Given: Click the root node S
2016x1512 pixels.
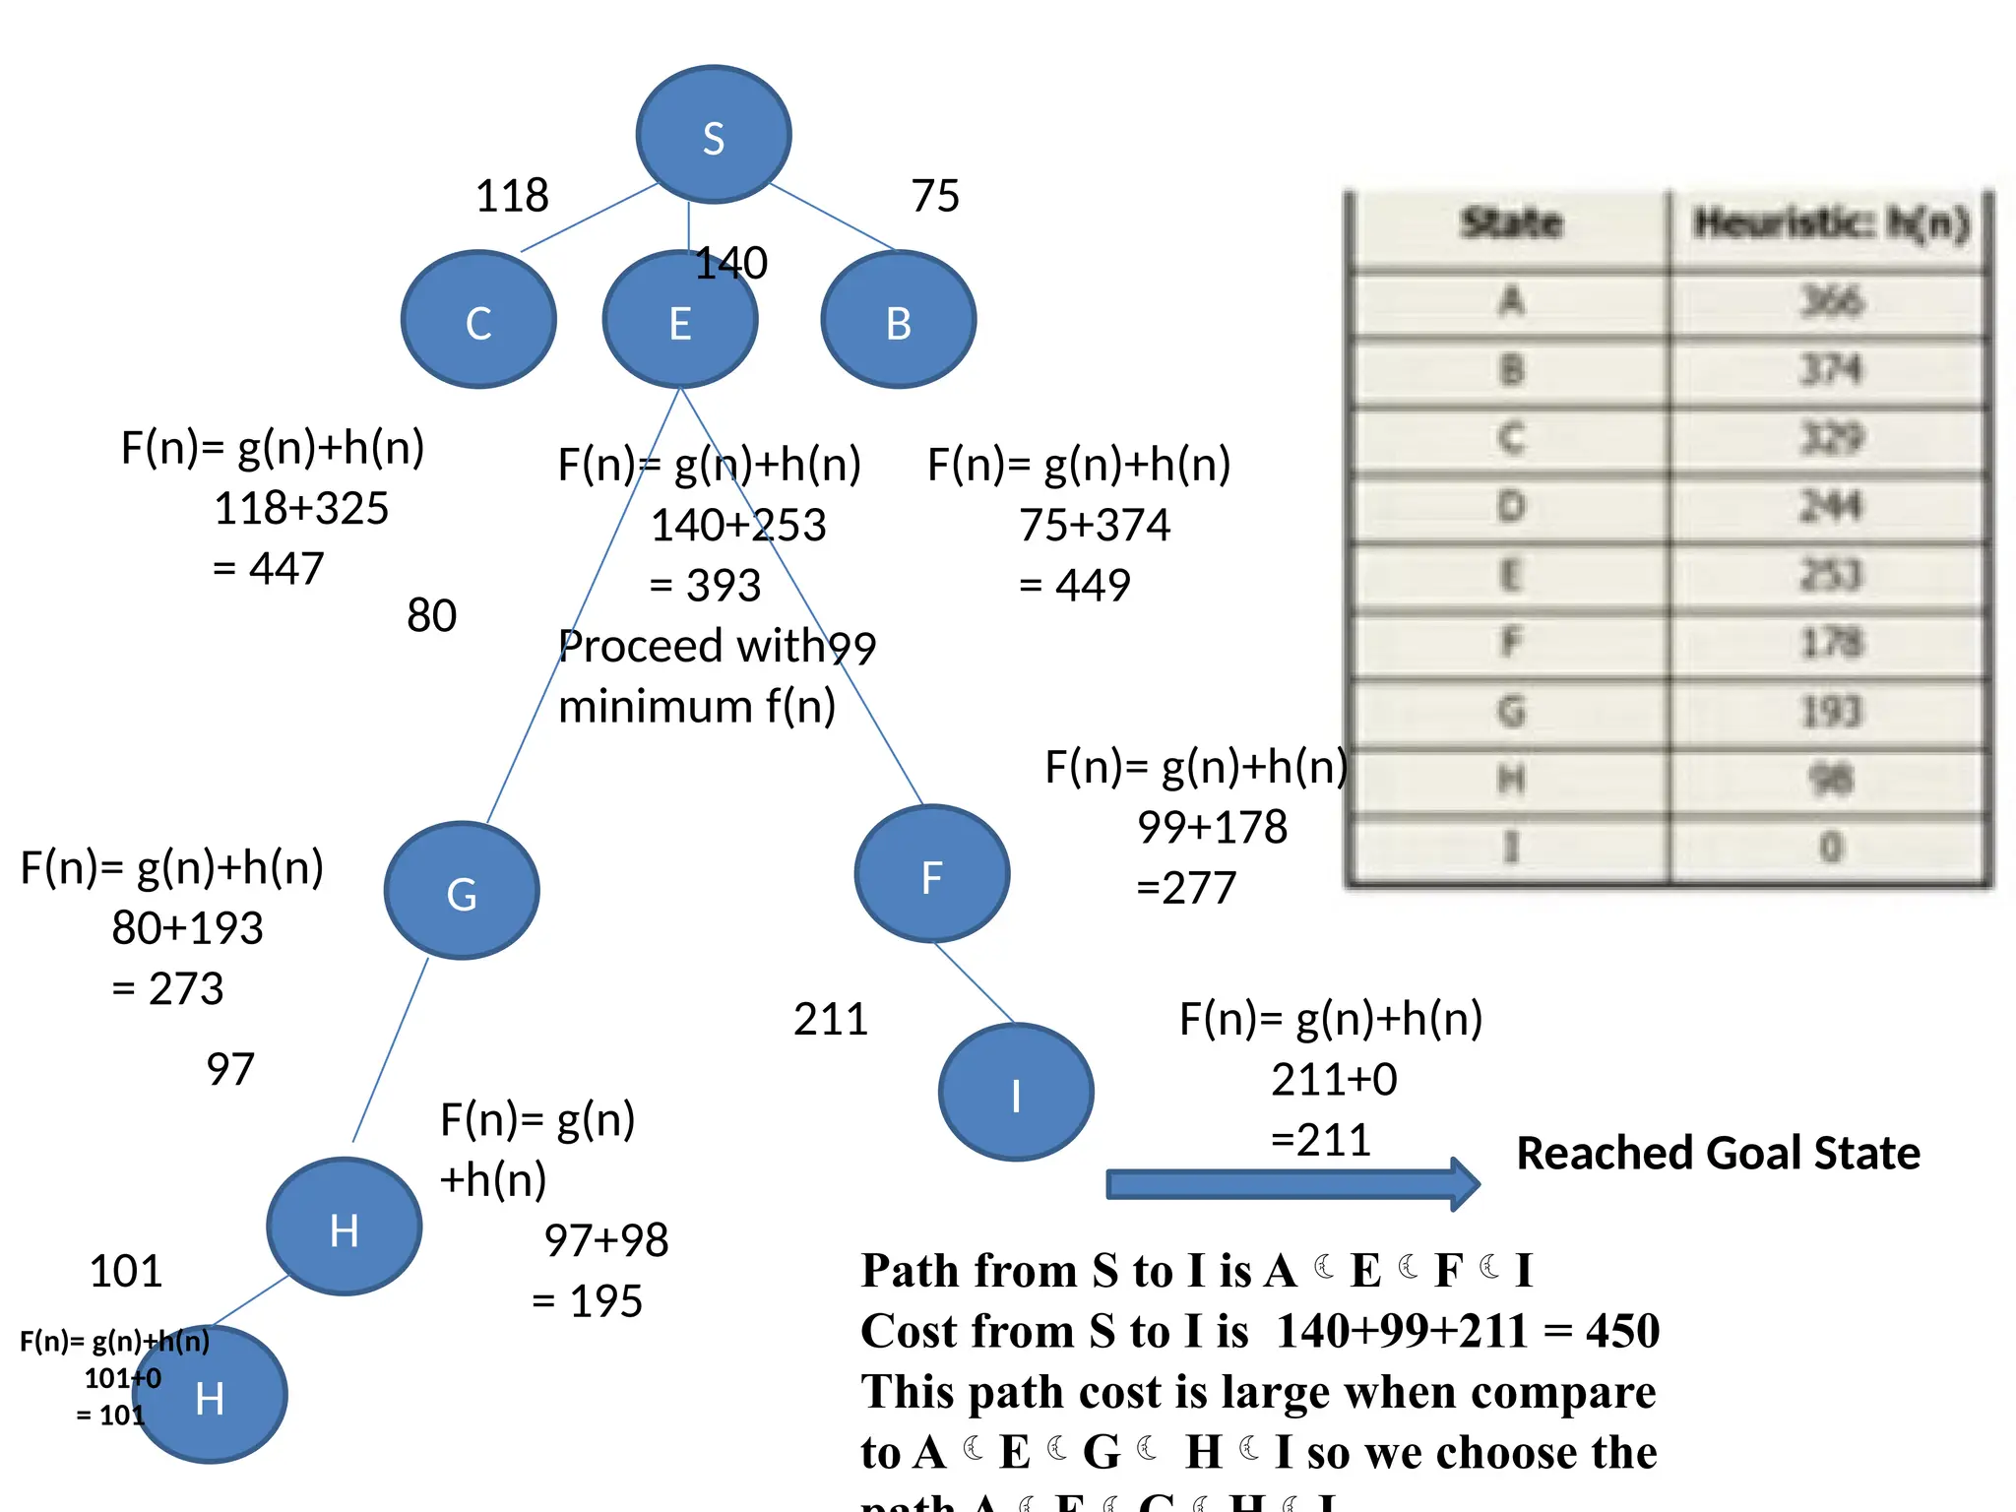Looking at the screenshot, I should click(x=714, y=135).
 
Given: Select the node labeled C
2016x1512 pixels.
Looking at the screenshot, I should click(x=479, y=320).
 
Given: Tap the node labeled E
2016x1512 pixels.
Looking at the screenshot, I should click(x=680, y=321).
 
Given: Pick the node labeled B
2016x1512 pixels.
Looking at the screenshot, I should click(x=899, y=320).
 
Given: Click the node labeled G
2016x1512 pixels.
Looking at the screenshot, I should click(x=462, y=891).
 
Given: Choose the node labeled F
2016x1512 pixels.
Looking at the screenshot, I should click(x=932, y=875).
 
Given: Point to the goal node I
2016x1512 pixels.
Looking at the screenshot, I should click(x=1016, y=1093).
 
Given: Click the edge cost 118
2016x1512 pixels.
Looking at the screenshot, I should click(x=512, y=196).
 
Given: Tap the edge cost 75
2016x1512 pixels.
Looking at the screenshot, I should click(x=934, y=196).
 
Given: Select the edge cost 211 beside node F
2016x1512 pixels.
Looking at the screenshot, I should click(x=831, y=1019).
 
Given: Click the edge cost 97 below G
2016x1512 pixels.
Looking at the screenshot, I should click(x=230, y=1069).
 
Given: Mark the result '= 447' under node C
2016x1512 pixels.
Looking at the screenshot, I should click(x=269, y=569).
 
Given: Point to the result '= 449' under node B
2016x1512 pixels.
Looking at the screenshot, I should click(x=1075, y=586).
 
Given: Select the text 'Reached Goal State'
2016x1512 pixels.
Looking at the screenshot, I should click(x=1718, y=1153).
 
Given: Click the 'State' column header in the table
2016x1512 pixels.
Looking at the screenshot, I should click(x=1511, y=223).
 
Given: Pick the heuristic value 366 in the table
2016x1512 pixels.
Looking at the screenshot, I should click(x=1831, y=301).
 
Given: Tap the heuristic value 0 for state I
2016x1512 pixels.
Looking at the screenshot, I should click(x=1830, y=847).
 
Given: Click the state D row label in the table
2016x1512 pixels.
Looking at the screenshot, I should click(x=1511, y=507).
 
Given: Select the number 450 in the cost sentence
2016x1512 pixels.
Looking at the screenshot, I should click(x=1622, y=1331).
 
